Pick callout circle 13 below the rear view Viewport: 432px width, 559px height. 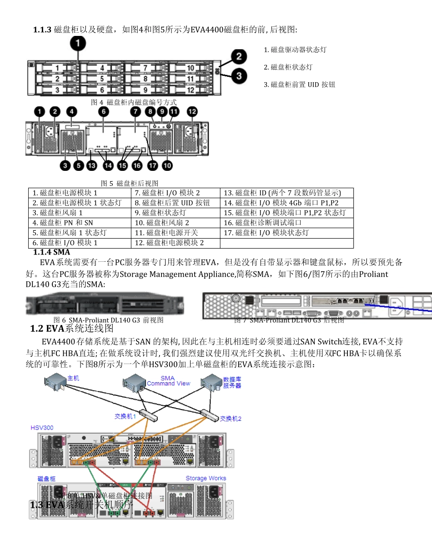(92, 166)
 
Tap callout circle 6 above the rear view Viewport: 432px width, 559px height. (103, 111)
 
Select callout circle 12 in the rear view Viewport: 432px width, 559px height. (192, 111)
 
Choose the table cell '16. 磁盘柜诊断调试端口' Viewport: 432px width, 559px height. (268, 223)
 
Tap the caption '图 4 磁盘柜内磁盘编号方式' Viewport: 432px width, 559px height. (134, 102)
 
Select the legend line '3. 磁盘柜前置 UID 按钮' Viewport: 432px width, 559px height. (300, 85)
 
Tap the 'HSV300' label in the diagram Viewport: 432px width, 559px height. (42, 428)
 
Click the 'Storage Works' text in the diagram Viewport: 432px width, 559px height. (206, 478)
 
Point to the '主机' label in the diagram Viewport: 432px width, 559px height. (73, 378)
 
